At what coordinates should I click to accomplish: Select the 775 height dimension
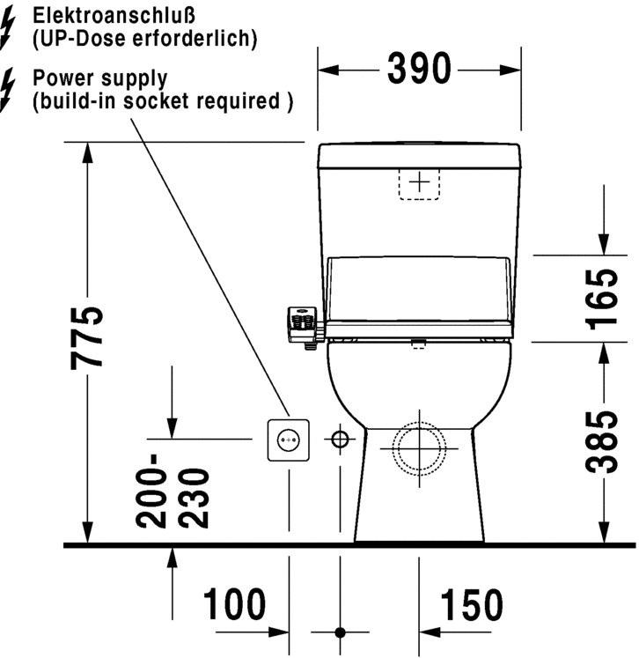88,338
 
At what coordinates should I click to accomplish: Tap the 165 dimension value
602,299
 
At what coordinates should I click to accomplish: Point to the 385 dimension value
602,441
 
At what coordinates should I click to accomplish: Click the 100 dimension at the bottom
234,606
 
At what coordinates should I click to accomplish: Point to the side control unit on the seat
301,324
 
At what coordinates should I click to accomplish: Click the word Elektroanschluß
103,15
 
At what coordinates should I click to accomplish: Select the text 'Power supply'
99,78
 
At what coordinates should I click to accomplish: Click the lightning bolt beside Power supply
10,89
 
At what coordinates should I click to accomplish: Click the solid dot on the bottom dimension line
340,632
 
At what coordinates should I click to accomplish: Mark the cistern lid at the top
421,155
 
